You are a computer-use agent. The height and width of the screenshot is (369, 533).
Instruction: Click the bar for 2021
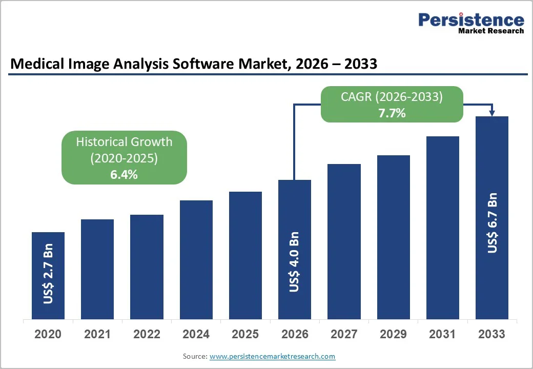[x=97, y=269]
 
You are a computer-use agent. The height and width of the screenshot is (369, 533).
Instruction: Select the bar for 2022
[x=147, y=266]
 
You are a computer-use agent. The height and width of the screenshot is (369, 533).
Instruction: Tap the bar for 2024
[x=196, y=259]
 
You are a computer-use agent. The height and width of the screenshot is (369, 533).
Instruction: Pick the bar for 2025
[x=245, y=255]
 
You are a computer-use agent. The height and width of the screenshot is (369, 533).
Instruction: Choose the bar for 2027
[x=344, y=241]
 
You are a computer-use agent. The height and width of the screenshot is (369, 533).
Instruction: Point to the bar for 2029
[x=393, y=237]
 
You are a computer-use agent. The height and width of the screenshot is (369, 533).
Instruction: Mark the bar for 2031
[x=443, y=228]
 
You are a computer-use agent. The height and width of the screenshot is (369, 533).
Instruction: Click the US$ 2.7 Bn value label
[x=48, y=277]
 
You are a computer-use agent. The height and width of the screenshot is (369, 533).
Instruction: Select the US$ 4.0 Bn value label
[x=295, y=262]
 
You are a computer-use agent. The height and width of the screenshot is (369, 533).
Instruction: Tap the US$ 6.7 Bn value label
[x=492, y=223]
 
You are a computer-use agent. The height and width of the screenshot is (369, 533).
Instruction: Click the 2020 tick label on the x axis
[x=48, y=334]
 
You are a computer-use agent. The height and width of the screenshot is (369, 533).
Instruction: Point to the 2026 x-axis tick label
[x=295, y=334]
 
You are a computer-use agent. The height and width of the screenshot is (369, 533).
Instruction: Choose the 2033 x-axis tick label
[x=492, y=334]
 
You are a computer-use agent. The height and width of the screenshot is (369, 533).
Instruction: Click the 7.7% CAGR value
[x=392, y=113]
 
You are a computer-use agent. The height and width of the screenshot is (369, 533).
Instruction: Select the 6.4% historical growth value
[x=124, y=174]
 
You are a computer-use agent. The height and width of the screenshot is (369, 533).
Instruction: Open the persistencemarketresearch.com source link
[x=272, y=356]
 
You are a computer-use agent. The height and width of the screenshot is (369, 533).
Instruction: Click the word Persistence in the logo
[x=471, y=19]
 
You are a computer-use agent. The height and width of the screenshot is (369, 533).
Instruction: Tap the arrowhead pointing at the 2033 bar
[x=492, y=113]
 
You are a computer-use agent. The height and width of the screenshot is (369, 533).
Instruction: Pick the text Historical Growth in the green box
[x=124, y=142]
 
